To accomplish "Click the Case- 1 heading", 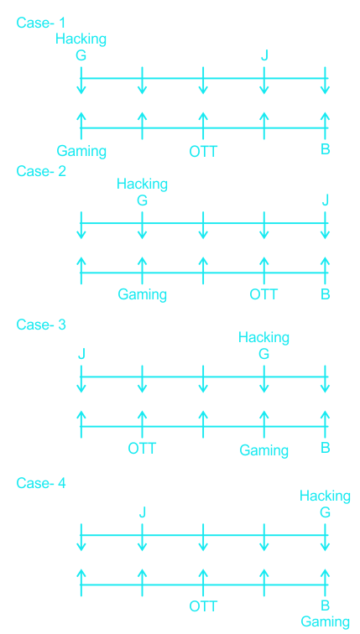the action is [x=41, y=23].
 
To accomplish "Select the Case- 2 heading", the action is [x=41, y=171].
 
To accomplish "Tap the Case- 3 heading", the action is [x=41, y=324].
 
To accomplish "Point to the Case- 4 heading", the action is [x=41, y=482].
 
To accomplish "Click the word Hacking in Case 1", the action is [x=81, y=39].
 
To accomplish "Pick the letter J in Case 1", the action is [x=264, y=55].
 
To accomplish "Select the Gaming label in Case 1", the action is [x=81, y=152].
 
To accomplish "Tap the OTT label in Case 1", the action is [x=203, y=152].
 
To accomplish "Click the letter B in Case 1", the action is [x=326, y=149].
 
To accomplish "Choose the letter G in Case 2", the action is [x=142, y=200].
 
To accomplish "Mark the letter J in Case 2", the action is [x=326, y=200].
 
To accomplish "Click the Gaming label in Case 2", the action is [x=143, y=295].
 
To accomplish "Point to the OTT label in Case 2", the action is [x=263, y=294].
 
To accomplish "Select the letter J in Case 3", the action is [x=81, y=354].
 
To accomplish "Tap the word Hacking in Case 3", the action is [x=263, y=337].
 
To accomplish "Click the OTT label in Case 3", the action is [x=142, y=448].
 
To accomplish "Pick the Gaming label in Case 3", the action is [x=263, y=450].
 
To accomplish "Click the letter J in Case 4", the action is [x=142, y=512].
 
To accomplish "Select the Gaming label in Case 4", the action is [x=326, y=622].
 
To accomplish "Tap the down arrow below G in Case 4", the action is [x=325, y=538].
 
